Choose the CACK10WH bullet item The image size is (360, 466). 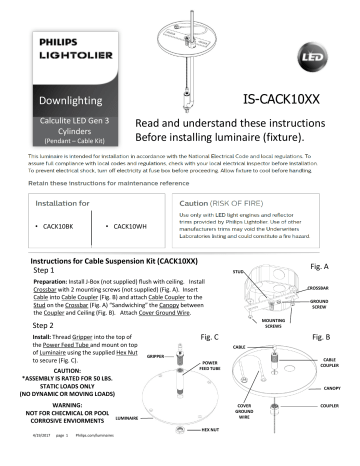pos(138,228)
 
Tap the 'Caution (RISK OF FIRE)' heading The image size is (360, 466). pos(225,200)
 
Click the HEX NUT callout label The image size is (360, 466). pos(210,455)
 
